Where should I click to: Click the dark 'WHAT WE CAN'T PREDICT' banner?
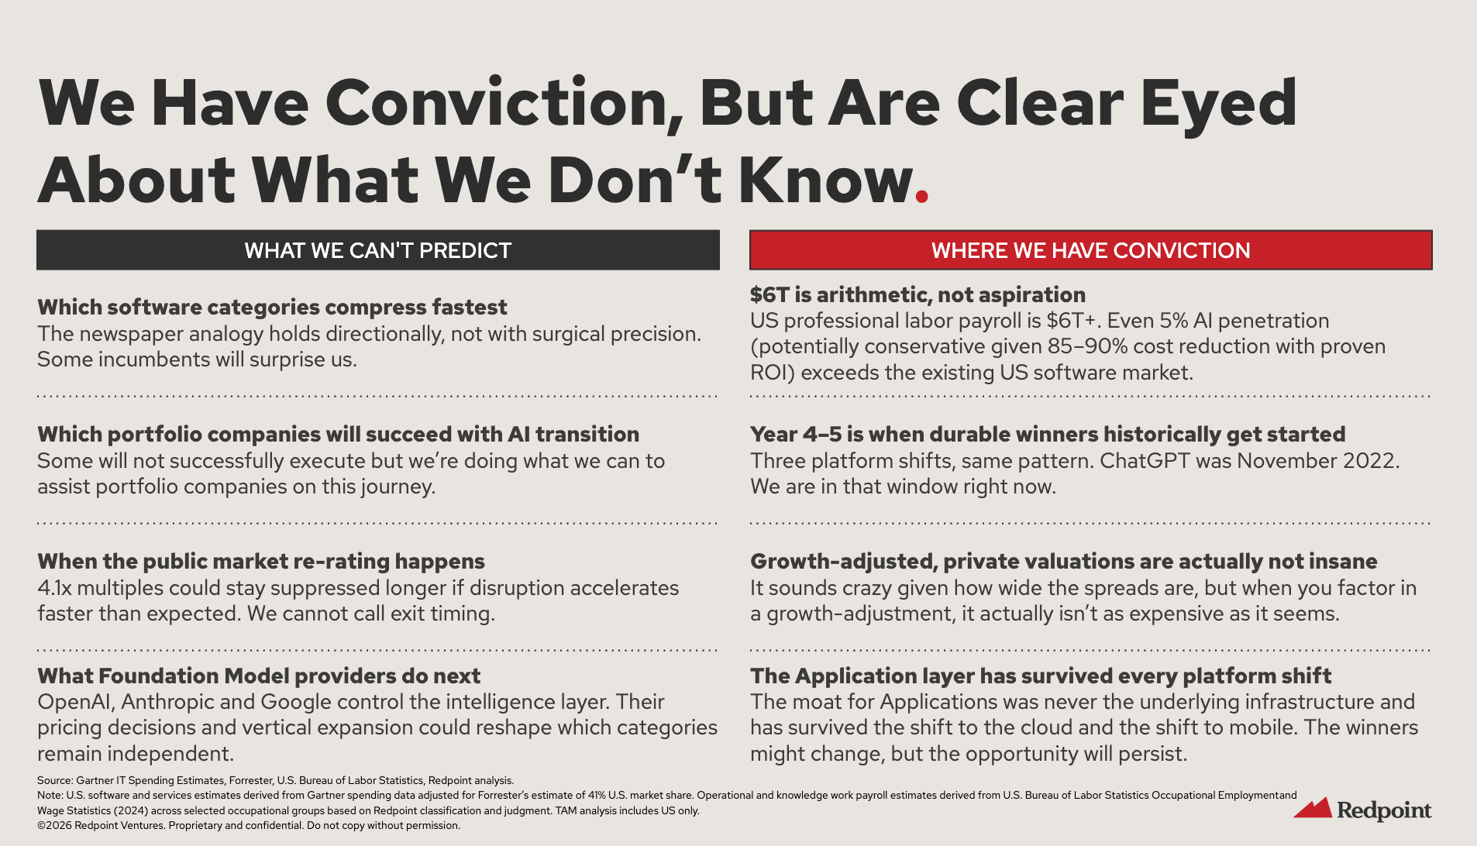[378, 250]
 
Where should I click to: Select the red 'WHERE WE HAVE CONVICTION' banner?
[1090, 250]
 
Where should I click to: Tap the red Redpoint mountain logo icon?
[1312, 808]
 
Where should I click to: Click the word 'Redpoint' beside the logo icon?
[1384, 810]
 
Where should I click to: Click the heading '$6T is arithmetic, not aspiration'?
[918, 294]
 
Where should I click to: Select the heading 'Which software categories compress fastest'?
[272, 307]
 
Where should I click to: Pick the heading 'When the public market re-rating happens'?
[261, 561]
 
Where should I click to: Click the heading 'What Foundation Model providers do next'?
[259, 676]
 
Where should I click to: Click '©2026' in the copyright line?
[54, 825]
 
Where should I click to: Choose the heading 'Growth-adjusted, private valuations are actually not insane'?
[1063, 561]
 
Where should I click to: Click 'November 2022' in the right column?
[1317, 461]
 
